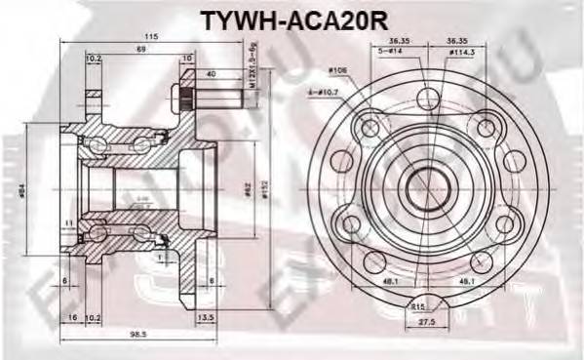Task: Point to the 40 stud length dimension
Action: point(212,72)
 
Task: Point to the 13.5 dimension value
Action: point(205,318)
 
